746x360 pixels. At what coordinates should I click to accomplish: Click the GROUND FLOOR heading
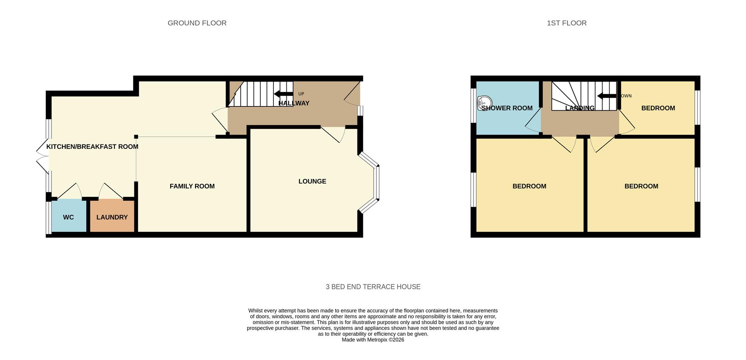tap(197, 23)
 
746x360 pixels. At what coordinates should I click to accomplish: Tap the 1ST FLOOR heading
tap(566, 23)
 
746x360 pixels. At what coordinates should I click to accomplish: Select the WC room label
tap(68, 217)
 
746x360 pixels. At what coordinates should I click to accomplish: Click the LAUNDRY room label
tap(112, 217)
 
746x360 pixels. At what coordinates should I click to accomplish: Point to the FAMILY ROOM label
tap(192, 186)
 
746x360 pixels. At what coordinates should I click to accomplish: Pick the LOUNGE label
tap(312, 181)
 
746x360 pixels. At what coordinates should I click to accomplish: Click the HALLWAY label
tap(294, 103)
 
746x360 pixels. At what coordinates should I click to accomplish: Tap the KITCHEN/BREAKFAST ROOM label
tap(92, 147)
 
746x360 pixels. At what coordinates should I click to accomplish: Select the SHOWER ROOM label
tap(507, 108)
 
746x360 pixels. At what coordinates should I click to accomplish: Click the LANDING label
tap(580, 108)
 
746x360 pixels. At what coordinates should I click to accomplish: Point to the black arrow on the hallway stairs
tap(283, 94)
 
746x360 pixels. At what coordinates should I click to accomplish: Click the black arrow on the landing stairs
tap(607, 96)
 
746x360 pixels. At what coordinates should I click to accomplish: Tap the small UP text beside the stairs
tap(301, 94)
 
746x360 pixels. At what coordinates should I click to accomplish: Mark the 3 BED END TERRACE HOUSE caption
tap(373, 287)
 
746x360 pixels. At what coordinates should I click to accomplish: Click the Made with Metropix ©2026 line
tap(373, 340)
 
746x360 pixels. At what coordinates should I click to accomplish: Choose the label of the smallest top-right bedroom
tap(658, 108)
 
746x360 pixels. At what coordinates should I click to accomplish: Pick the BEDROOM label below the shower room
tap(529, 186)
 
